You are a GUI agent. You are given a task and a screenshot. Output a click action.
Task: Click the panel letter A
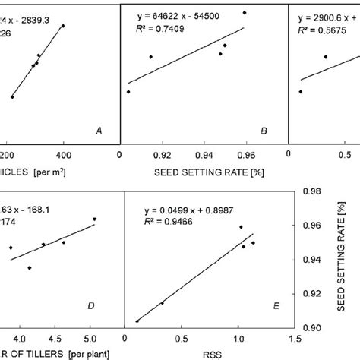coord(98,131)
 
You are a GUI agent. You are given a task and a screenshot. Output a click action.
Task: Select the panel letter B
coord(264,131)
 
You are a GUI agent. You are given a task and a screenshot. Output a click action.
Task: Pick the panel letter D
coord(90,306)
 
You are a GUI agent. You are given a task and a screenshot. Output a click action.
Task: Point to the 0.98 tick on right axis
coord(311,193)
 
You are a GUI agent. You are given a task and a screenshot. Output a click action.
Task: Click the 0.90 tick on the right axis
coord(311,327)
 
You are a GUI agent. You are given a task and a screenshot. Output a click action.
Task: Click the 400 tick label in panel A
coord(64,151)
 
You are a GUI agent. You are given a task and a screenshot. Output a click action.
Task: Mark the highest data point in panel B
coord(245,13)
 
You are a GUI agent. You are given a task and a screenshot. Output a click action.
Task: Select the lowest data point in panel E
coord(137,321)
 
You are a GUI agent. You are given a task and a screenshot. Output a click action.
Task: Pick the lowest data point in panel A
coord(12,97)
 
